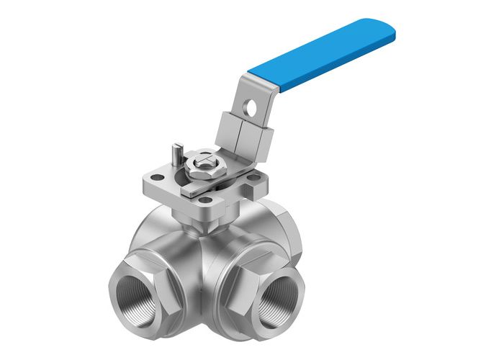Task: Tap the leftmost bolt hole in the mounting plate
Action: (156, 176)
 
